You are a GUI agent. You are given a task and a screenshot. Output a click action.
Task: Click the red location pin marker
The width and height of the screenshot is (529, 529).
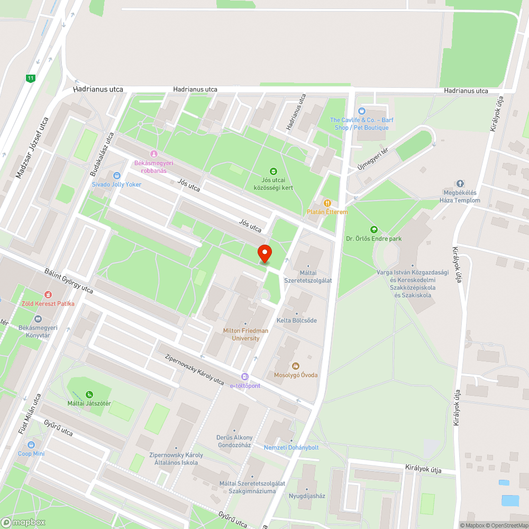coord(264,253)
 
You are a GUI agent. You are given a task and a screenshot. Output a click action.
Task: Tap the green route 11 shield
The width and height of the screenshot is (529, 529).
coord(31,78)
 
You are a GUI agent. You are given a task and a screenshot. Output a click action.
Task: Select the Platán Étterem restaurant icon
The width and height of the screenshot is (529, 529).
coord(327,203)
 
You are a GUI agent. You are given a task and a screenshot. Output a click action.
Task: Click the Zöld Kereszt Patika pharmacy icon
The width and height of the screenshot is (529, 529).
coord(48,294)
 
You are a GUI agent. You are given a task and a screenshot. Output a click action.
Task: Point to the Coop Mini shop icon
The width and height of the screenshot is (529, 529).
coord(31,445)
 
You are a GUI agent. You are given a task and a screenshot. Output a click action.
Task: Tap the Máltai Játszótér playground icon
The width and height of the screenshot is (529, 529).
coord(89,394)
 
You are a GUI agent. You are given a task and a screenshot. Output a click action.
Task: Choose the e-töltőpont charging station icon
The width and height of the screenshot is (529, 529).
coord(244,377)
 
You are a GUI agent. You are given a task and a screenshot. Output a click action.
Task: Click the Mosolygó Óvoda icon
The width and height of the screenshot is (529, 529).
coord(296,366)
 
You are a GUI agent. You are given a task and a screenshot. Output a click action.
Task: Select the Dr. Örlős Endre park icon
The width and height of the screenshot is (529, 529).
coord(374,230)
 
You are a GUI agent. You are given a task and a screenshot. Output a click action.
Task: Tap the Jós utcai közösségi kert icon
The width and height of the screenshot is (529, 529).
coord(273,171)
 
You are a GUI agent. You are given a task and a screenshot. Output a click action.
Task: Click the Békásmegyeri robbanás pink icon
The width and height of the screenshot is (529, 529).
coord(153,153)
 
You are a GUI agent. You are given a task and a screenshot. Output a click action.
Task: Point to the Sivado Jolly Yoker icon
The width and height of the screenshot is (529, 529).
coord(116,176)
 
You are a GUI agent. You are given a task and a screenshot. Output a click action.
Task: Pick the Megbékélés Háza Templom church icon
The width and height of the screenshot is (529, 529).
coord(460,184)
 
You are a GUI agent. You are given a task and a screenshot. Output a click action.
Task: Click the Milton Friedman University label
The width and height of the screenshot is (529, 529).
coord(245,334)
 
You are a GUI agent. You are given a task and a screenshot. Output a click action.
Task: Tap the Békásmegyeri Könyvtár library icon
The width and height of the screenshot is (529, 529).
coord(38,319)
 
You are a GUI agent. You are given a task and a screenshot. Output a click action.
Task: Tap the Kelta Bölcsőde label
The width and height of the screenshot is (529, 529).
coord(297,321)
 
